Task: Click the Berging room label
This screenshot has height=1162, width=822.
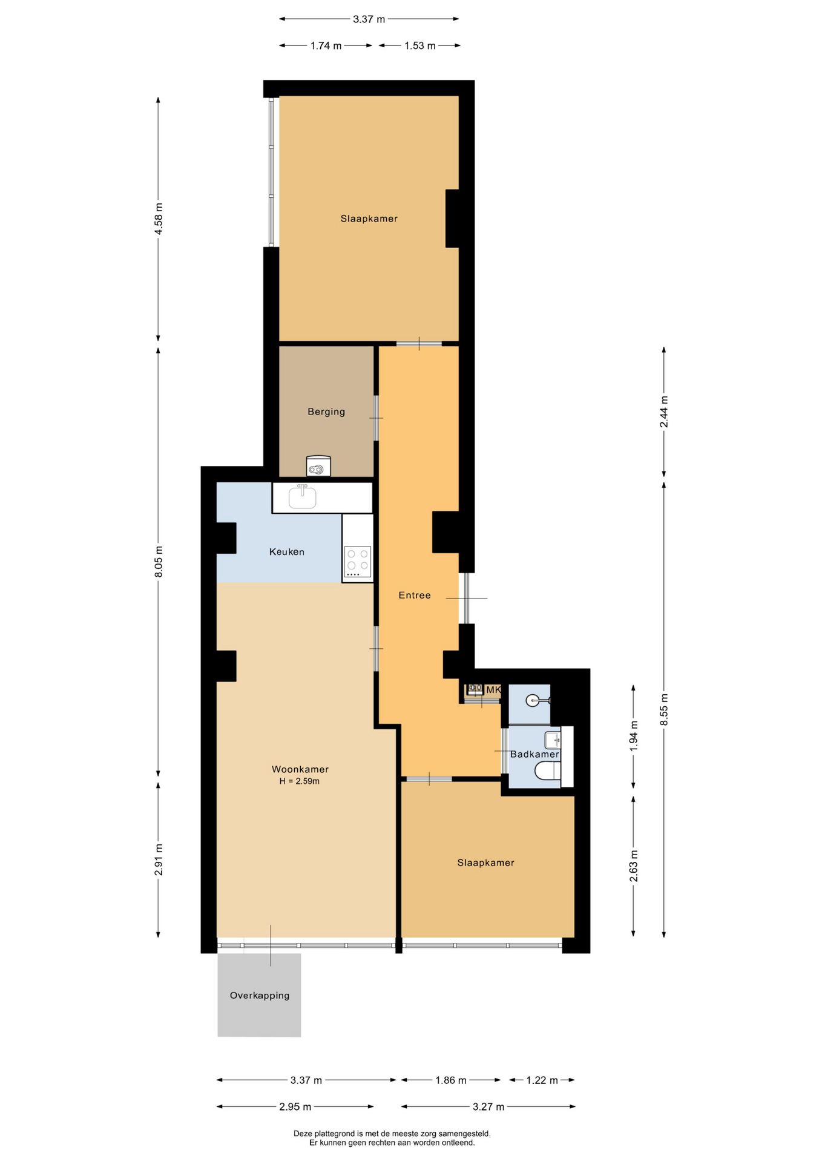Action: click(326, 412)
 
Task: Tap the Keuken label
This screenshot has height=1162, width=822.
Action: click(287, 552)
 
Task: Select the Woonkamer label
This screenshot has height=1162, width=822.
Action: click(300, 769)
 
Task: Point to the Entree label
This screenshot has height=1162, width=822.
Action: click(415, 596)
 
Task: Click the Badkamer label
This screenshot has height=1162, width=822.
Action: click(534, 754)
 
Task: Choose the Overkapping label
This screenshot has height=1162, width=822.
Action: click(260, 996)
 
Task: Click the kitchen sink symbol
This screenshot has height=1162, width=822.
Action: click(303, 497)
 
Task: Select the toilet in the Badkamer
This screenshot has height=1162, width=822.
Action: click(548, 771)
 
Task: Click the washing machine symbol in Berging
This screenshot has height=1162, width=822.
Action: click(319, 466)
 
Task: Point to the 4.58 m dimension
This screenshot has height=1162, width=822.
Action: click(159, 219)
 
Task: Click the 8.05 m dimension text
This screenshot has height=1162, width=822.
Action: click(159, 562)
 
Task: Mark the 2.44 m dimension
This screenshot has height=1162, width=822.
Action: click(664, 412)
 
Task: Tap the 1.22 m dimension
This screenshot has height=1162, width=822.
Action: click(542, 1080)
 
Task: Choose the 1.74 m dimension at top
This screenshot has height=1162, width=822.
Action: click(326, 45)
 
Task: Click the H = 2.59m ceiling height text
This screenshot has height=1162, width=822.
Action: click(300, 781)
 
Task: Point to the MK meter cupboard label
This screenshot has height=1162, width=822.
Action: click(494, 690)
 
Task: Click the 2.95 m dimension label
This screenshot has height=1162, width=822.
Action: click(295, 1107)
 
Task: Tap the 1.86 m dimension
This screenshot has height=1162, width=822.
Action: click(451, 1080)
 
